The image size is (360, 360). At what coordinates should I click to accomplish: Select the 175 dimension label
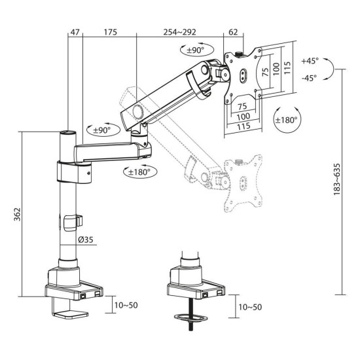pyautogui.click(x=109, y=31)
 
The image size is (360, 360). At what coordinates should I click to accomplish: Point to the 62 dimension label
pyautogui.click(x=234, y=31)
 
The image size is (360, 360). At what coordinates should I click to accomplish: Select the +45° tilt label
pyautogui.click(x=310, y=60)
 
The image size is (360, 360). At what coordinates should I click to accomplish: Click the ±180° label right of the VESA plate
pyautogui.click(x=286, y=120)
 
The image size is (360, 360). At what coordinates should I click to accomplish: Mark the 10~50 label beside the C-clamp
pyautogui.click(x=124, y=306)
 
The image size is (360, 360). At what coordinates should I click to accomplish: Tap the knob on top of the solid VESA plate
pyautogui.click(x=242, y=49)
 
